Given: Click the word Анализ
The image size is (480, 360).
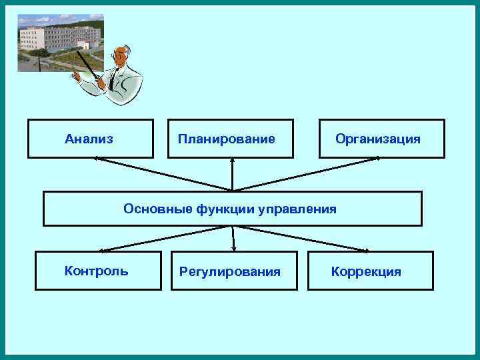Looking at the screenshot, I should pos(89,139).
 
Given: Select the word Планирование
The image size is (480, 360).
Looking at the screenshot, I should pos(226,139).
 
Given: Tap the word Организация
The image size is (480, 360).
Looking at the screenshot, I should pos(378,139).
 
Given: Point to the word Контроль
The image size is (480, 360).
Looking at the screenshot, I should pos(97,271).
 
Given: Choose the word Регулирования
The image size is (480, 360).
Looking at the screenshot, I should pos(230,271).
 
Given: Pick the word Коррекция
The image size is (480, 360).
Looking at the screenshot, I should pos(366,271).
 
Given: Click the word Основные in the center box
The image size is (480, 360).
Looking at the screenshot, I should pos(158,209).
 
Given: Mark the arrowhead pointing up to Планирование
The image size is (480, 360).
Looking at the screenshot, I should pos(232,160).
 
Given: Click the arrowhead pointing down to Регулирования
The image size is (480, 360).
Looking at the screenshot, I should pos(234,249).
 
